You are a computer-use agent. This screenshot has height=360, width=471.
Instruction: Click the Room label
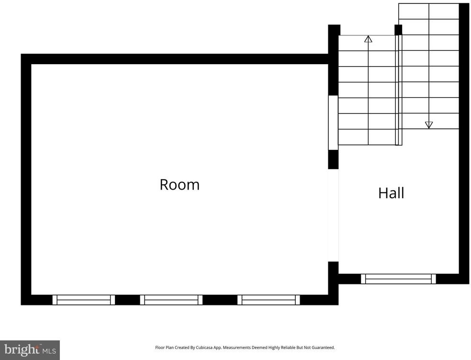pyautogui.click(x=179, y=184)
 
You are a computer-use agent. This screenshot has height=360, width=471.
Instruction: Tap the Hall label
pyautogui.click(x=391, y=193)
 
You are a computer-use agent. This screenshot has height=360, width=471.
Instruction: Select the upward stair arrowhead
pyautogui.click(x=368, y=39)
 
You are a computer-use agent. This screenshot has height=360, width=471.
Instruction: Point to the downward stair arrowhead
pyautogui.click(x=429, y=125)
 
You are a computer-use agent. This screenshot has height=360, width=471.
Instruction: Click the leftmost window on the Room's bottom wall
pyautogui.click(x=83, y=300)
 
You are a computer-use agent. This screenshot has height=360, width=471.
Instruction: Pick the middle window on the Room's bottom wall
pyautogui.click(x=171, y=300)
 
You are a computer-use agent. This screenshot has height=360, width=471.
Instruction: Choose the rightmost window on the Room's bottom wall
pyautogui.click(x=269, y=300)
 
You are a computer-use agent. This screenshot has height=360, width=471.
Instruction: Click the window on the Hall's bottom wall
pyautogui.click(x=398, y=279)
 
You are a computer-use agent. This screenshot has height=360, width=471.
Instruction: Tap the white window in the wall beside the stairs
pyautogui.click(x=333, y=123)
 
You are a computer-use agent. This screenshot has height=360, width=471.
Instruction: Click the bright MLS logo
pyautogui.click(x=30, y=350)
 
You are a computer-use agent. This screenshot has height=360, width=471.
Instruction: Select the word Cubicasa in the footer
pyautogui.click(x=204, y=348)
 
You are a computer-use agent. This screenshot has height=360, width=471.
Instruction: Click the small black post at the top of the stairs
pyautogui.click(x=398, y=30)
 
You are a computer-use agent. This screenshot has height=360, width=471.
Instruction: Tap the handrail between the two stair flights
pyautogui.click(x=399, y=90)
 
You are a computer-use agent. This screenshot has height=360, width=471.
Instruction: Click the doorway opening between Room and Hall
pyautogui.click(x=333, y=215)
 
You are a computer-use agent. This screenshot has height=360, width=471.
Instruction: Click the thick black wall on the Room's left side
pyautogui.click(x=26, y=180)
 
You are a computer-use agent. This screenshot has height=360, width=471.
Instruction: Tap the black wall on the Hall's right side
pyautogui.click(x=464, y=144)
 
